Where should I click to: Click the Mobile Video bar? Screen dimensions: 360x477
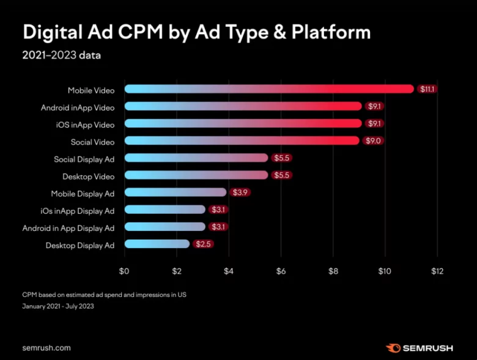[269, 89]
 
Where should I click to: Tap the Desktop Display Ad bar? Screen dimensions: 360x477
[157, 244]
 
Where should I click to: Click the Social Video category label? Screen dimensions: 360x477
[92, 141]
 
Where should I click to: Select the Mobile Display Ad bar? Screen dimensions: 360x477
[176, 193]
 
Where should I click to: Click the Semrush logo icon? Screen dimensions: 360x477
[392, 348]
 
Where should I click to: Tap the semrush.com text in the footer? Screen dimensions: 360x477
[46, 348]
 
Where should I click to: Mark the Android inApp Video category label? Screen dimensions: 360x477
[78, 107]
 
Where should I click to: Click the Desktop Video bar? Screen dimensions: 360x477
[196, 175]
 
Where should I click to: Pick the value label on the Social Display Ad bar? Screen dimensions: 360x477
[282, 158]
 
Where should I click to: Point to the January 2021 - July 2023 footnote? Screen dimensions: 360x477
[58, 306]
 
